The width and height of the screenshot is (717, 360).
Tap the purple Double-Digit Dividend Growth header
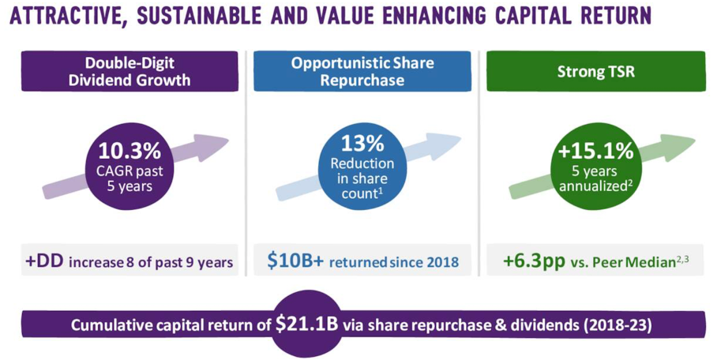pos(130,71)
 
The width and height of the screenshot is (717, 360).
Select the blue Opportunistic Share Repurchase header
pos(362,71)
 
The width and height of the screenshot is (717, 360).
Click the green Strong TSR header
pos(596,71)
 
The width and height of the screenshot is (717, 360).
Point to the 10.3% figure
pos(130,150)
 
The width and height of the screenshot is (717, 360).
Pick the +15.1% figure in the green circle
pos(596,151)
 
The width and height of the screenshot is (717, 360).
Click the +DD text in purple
pos(44,261)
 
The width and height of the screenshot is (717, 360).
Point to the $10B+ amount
pos(295,261)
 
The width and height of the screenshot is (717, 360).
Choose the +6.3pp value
pos(534,261)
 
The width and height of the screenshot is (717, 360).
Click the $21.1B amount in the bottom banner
pos(307,324)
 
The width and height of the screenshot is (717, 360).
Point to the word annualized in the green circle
pos(592,186)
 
